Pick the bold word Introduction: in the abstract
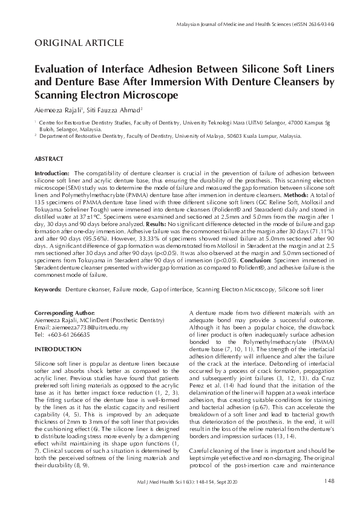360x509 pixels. [52, 173]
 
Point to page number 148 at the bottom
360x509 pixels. [329, 481]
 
